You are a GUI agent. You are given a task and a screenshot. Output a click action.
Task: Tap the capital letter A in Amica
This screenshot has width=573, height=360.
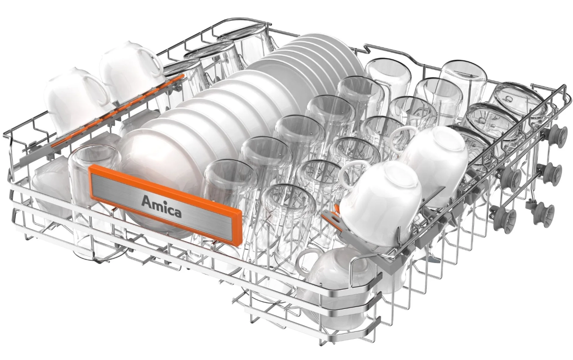click(x=146, y=201)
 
